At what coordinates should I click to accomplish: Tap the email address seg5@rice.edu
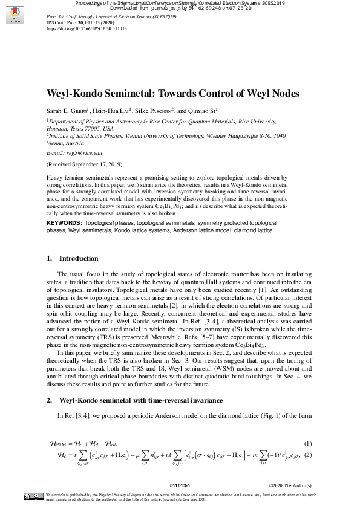pos(76,154)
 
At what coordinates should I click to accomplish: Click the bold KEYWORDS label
pos(65,223)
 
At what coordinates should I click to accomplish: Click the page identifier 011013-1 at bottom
pos(180,486)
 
